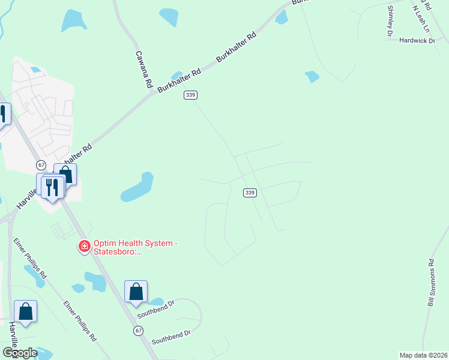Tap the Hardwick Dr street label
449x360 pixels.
coord(419,41)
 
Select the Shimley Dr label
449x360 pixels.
coord(390,22)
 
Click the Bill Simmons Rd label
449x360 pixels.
coord(431,283)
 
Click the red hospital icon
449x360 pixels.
coord(85,246)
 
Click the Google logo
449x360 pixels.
coord(19,353)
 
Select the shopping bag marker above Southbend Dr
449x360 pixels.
coord(136,292)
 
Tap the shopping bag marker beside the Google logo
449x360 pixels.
coord(25,312)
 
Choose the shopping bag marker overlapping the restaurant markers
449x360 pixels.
coord(65,175)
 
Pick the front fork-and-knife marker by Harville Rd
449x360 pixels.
coord(53,187)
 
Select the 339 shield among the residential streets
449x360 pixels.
coord(250,193)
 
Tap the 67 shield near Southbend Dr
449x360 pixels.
coord(139,331)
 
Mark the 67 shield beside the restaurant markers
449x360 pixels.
coord(41,164)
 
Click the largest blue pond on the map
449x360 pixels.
coord(137,188)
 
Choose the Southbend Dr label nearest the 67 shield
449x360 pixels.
coord(171,337)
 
